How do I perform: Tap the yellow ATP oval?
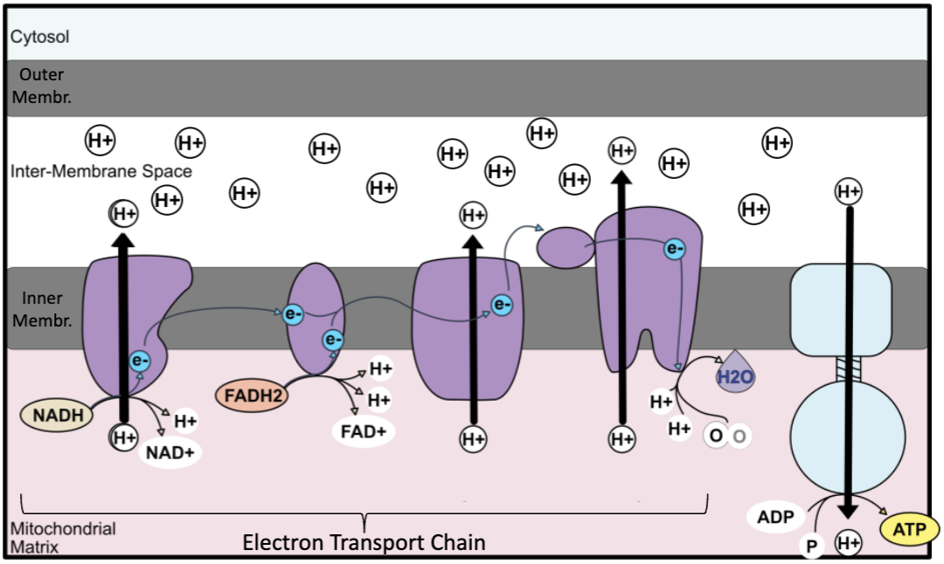[910, 528]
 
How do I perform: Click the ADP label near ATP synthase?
[776, 517]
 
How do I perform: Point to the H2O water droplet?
[733, 375]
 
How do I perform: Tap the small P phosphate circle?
[811, 547]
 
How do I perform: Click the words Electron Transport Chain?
[364, 542]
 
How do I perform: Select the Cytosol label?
[40, 37]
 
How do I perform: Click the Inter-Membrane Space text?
[101, 171]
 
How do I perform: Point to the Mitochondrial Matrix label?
[62, 538]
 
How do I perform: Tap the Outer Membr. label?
[41, 86]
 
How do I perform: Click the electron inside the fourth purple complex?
[673, 249]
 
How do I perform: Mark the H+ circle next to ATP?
[849, 543]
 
